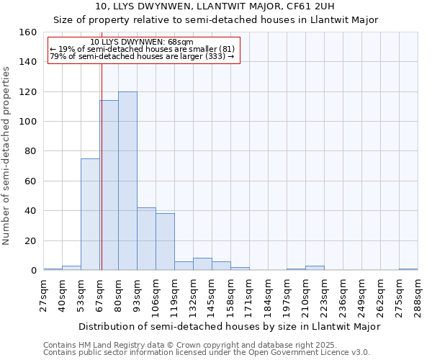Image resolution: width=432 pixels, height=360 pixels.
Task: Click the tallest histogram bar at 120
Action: (127, 181)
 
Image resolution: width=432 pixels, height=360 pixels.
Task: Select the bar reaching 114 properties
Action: (109, 185)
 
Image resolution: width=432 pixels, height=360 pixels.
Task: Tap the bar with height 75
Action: (90, 214)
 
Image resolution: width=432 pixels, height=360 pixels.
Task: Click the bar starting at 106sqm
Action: (165, 242)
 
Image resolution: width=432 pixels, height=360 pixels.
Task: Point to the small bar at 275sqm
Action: (408, 269)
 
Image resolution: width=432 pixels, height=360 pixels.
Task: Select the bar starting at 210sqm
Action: (315, 268)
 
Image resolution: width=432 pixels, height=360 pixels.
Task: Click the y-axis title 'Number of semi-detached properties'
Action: (6, 152)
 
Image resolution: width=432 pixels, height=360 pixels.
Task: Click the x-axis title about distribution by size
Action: (229, 326)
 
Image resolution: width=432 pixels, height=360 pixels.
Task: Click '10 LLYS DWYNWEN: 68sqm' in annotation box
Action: (142, 42)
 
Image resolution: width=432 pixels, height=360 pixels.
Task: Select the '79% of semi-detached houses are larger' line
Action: (142, 56)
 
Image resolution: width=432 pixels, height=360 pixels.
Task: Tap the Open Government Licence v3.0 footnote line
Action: (206, 352)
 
